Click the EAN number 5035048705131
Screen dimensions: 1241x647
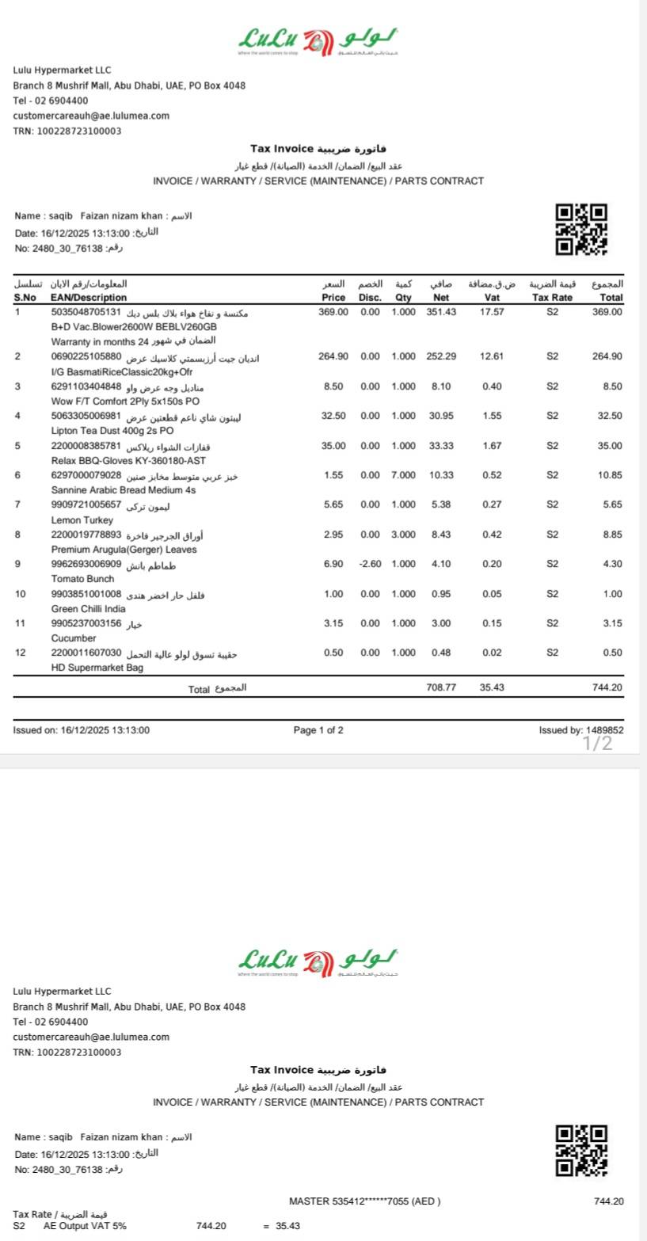coord(86,312)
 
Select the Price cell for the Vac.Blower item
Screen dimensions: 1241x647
coord(333,312)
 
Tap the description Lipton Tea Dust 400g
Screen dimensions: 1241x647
coord(112,431)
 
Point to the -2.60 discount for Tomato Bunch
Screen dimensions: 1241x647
coord(368,564)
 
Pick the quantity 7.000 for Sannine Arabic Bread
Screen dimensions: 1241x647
coord(403,475)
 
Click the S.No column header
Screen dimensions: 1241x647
coord(25,298)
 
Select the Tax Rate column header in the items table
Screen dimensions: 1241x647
coord(552,298)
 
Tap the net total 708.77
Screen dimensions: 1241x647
coord(441,687)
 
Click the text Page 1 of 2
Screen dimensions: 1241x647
coord(318,730)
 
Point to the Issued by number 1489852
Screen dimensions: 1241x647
coord(605,730)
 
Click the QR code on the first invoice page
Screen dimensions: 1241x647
coord(581,230)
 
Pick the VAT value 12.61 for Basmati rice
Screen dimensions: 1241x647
coord(491,356)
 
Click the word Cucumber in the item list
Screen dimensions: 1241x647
coord(73,638)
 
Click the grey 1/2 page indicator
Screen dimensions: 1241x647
coord(598,743)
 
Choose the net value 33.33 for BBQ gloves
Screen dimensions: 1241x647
coord(441,446)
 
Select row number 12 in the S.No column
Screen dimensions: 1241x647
coord(20,653)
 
